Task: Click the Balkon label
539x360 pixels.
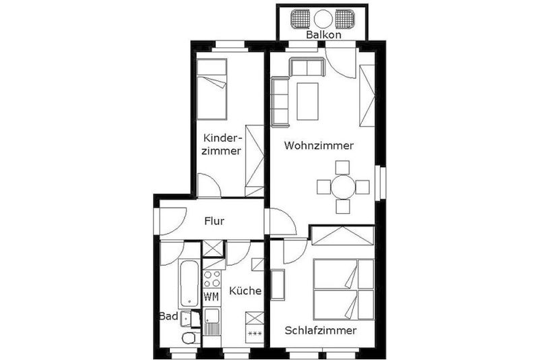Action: pos(323,35)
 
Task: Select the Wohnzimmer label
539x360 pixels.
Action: pos(319,146)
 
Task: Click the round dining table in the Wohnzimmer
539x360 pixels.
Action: pos(343,187)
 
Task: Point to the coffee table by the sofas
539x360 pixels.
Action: pos(308,101)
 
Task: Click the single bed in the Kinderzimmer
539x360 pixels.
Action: pos(212,90)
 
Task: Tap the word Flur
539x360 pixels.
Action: pos(214,220)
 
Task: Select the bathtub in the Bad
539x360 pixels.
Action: pos(189,284)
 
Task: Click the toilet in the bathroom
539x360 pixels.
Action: pos(189,338)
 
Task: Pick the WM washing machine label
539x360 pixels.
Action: pos(212,297)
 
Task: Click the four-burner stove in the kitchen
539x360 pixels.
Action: pos(212,279)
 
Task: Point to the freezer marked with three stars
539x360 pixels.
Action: pos(255,334)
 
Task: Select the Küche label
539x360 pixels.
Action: pos(245,291)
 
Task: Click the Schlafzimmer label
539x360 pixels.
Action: pos(321,331)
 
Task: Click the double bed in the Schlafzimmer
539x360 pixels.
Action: pos(344,289)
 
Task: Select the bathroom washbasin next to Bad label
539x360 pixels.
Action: pos(187,318)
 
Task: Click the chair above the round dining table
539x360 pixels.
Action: pos(342,167)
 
